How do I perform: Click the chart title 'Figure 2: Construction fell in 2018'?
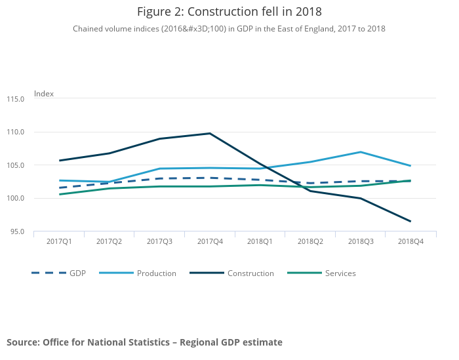pos(229,11)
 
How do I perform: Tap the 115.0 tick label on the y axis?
pos(16,99)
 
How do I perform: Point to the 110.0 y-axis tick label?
pos(16,132)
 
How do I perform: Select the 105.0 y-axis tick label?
pos(16,165)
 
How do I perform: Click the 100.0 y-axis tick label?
pos(16,199)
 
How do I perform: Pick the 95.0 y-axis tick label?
pos(17,231)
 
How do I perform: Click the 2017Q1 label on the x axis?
pos(59,242)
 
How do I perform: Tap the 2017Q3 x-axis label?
pos(159,242)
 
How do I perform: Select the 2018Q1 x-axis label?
pos(260,242)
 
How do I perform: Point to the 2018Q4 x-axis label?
pos(411,242)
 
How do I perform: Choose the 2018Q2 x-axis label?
pos(310,242)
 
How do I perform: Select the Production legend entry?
pos(156,273)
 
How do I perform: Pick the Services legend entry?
pos(340,273)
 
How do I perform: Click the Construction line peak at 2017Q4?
pos(210,134)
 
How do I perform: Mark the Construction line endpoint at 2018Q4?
pos(410,221)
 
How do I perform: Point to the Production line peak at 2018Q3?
pos(361,152)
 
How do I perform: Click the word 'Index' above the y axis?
pos(44,94)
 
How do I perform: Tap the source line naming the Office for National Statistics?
pos(144,342)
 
